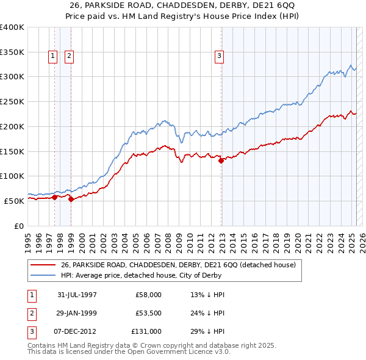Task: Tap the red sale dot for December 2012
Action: tap(221, 160)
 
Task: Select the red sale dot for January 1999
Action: tap(71, 199)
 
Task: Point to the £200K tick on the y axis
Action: tap(12, 126)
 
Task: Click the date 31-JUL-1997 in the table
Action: tap(77, 295)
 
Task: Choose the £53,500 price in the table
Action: tap(148, 313)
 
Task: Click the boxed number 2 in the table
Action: tap(30, 313)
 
